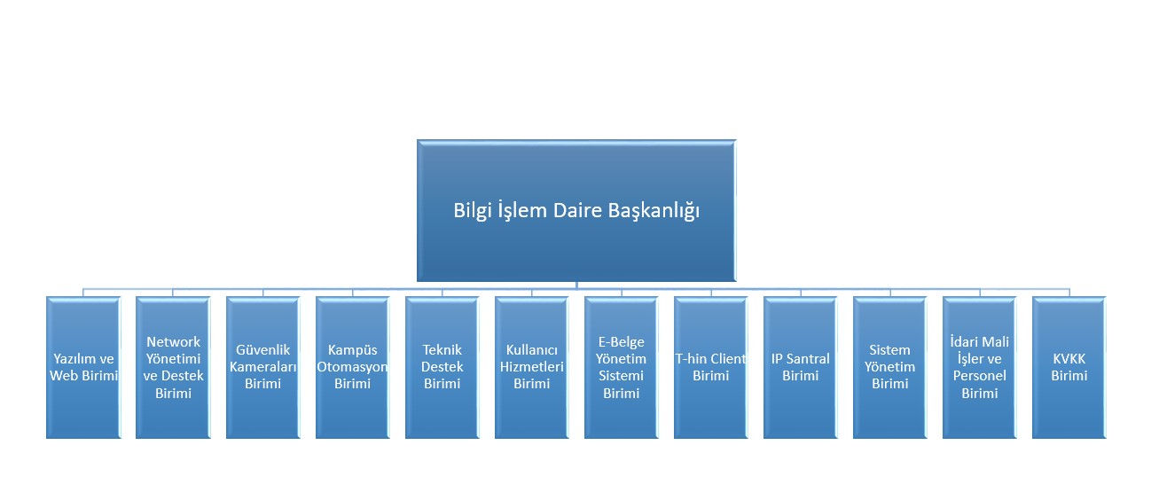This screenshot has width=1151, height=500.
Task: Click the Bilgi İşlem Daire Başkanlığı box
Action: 576,211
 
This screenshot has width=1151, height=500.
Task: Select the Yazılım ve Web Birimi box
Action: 83,367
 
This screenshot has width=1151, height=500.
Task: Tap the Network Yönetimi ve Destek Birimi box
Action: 173,367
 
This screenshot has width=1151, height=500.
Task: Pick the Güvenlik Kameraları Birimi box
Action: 263,367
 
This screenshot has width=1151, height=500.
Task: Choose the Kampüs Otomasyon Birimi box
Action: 353,367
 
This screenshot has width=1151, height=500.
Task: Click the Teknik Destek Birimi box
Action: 442,367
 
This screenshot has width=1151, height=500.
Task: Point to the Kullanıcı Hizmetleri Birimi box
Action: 532,367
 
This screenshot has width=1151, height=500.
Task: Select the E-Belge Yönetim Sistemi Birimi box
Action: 622,367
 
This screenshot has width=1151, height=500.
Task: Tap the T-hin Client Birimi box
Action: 710,367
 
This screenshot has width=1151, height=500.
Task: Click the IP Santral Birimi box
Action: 801,367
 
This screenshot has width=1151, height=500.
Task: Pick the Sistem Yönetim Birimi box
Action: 890,367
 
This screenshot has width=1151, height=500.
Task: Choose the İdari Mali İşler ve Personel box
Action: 979,367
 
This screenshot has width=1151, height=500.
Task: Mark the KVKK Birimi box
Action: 1069,367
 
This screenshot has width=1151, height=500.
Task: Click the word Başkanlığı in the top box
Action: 654,211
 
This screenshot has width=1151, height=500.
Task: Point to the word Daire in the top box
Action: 577,210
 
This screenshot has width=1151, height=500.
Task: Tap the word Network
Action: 173,341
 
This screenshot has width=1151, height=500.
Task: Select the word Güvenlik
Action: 263,350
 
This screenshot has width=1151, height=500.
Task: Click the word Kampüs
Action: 353,350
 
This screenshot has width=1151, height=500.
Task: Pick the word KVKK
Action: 1069,359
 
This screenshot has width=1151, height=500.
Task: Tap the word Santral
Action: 808,359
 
